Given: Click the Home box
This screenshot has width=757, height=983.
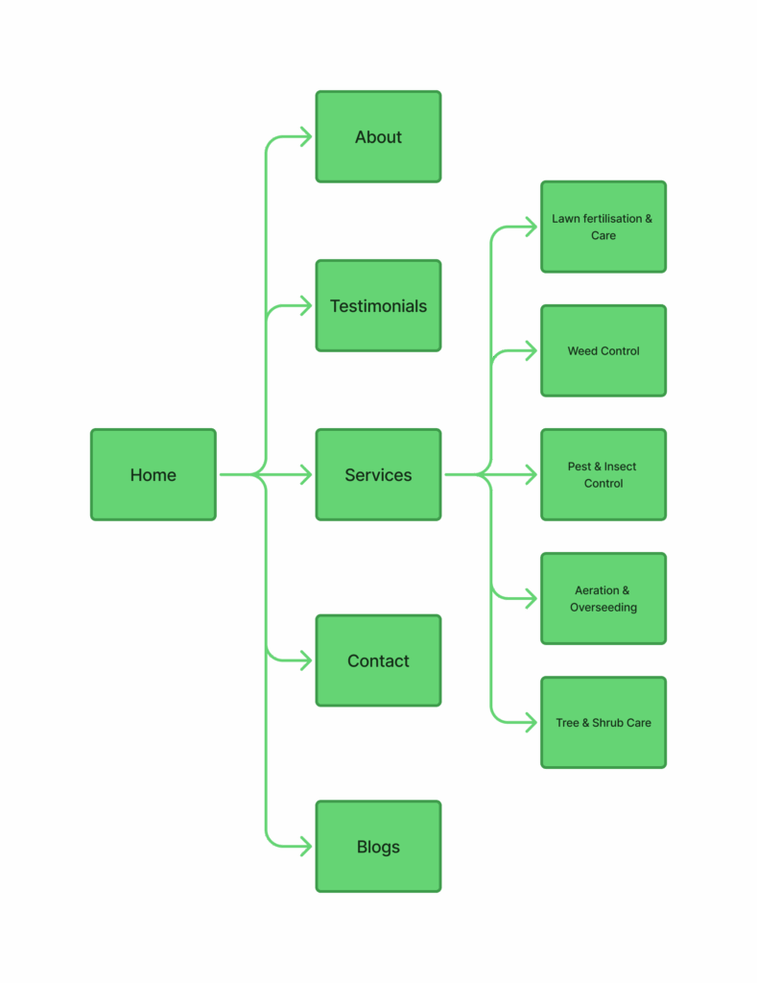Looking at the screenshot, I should [x=154, y=475].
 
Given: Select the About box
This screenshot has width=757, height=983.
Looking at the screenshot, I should [x=378, y=137].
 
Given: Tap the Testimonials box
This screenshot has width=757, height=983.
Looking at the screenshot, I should [x=378, y=306].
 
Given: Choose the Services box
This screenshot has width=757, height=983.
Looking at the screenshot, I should [x=378, y=475].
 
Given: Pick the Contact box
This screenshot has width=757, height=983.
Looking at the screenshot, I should [x=378, y=660].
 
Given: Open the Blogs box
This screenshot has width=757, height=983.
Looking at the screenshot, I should [x=378, y=847].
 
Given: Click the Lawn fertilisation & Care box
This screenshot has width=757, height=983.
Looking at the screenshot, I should [x=603, y=227].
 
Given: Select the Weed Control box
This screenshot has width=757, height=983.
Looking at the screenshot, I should [x=603, y=350].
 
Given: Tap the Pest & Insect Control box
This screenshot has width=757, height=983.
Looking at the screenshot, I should [x=603, y=475].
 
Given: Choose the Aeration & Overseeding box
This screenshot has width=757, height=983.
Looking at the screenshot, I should [x=603, y=599].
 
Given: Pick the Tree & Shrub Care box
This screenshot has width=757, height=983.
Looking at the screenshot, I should [x=603, y=723].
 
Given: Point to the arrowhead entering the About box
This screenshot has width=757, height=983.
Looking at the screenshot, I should [x=306, y=137].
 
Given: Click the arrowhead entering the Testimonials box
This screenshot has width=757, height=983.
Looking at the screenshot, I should [x=306, y=306].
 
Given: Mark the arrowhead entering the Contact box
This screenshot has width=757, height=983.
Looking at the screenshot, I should [x=306, y=660].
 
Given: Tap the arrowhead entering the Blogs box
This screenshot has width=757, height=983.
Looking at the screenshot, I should [x=306, y=847].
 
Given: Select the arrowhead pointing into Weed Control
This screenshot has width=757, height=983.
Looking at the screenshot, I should [x=531, y=350].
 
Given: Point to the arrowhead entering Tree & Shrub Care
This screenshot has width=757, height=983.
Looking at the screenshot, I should [x=531, y=723].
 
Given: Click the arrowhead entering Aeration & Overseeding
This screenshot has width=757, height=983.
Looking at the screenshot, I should [x=531, y=599].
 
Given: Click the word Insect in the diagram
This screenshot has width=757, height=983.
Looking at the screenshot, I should [x=620, y=467].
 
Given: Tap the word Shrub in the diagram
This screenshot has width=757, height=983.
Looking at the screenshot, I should [x=607, y=723].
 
